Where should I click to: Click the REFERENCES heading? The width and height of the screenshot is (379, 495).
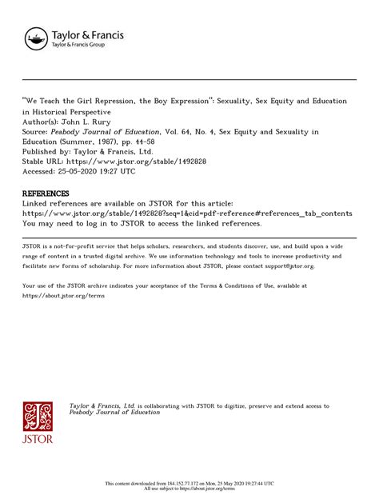(x=46, y=194)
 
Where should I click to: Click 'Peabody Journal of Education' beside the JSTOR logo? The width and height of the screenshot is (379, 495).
(x=115, y=413)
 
